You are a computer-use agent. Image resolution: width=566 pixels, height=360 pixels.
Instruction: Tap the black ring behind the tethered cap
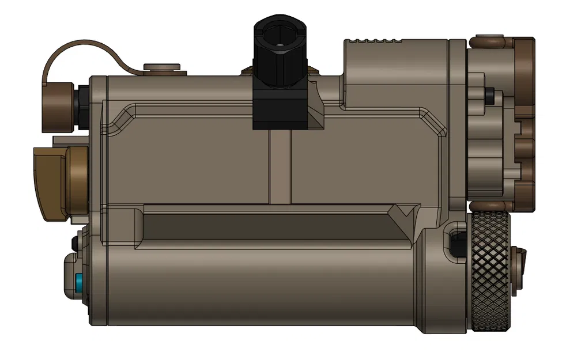(x=83, y=106)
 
